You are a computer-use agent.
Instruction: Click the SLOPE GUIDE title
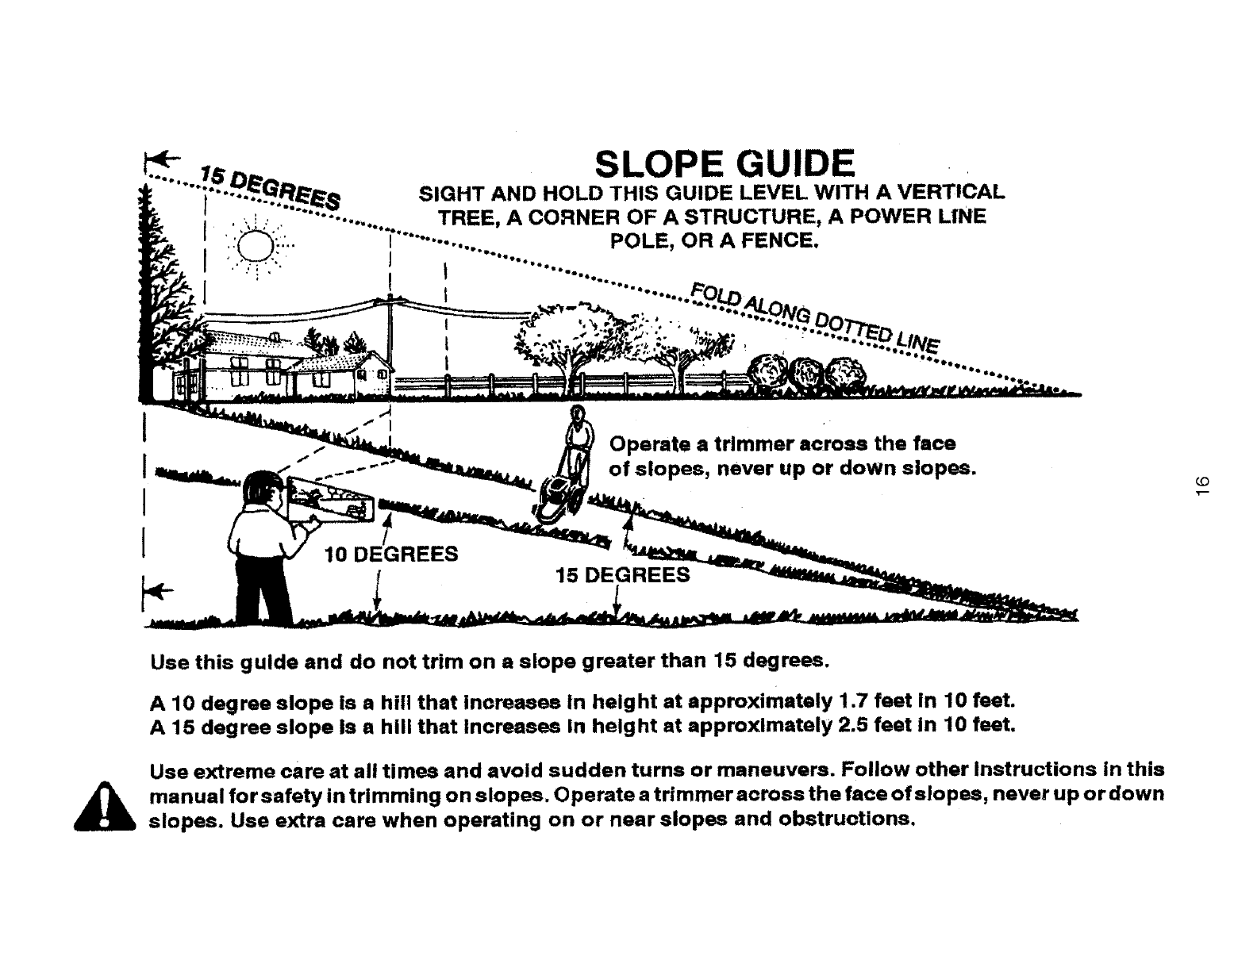tap(725, 164)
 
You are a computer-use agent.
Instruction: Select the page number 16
tap(1200, 485)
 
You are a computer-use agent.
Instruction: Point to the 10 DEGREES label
tap(392, 554)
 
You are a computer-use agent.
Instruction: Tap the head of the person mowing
tap(579, 413)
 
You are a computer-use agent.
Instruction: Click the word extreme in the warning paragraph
tap(231, 770)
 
